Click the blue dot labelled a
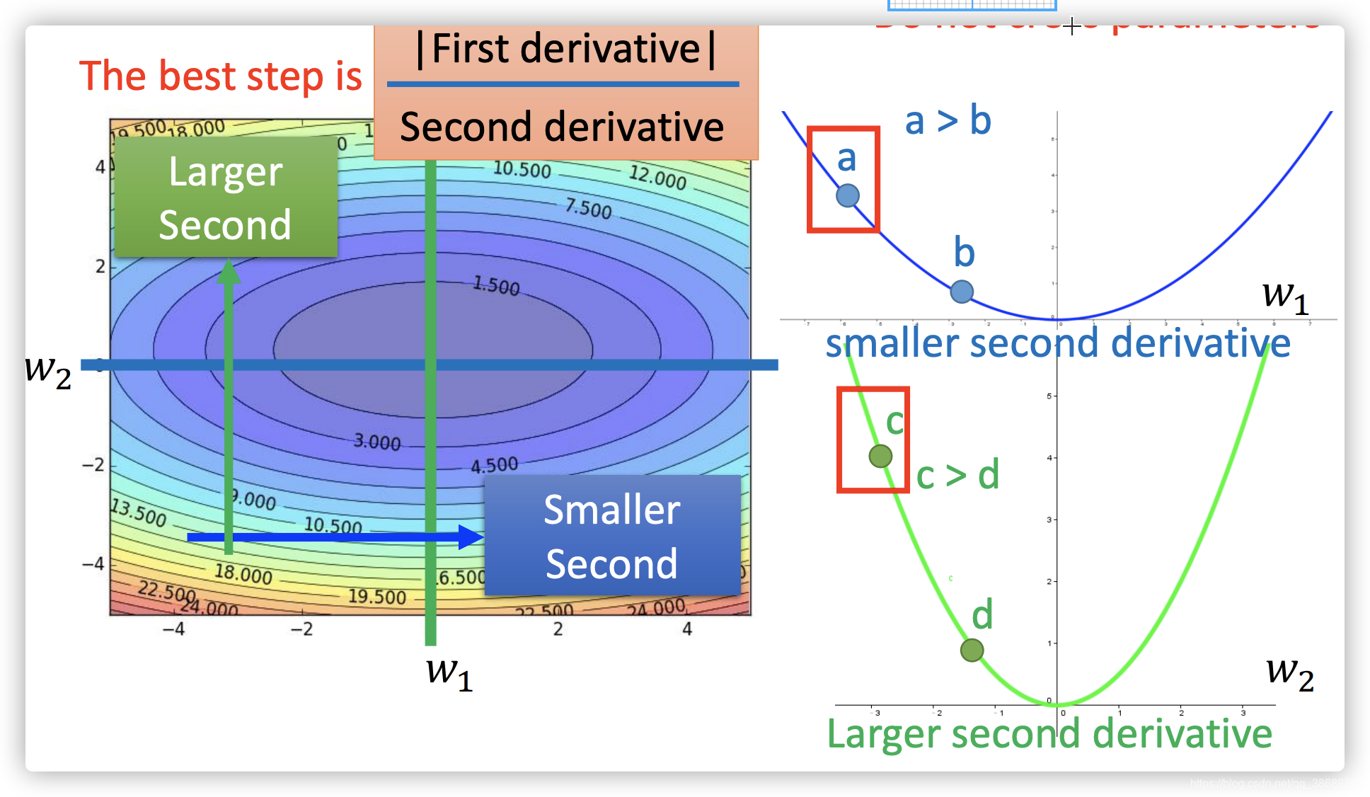(847, 195)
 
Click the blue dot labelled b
(962, 291)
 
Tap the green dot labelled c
(880, 456)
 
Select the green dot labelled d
(972, 650)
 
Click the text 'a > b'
(948, 120)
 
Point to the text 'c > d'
(957, 475)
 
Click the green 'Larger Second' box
(226, 197)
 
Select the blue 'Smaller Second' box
(612, 536)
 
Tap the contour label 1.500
(496, 285)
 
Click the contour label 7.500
(588, 208)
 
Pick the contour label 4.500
(495, 465)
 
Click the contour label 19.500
(376, 597)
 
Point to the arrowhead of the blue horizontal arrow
(471, 537)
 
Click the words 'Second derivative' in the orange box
(562, 127)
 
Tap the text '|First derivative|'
(565, 50)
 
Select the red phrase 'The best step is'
(220, 76)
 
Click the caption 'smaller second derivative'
(1058, 343)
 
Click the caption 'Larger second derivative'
(1049, 733)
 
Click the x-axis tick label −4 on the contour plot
(173, 629)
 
